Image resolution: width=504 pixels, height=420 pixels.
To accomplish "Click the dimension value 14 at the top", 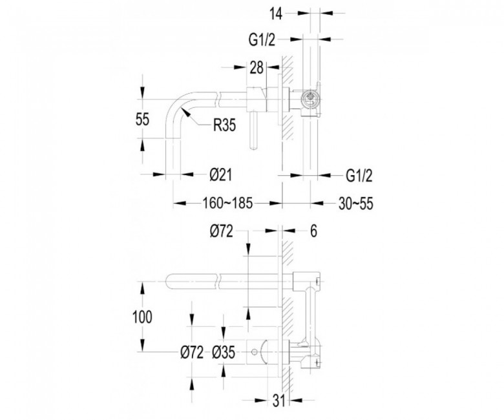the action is pos(276,14).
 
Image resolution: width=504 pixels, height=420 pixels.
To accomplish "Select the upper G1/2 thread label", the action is pos(262,40).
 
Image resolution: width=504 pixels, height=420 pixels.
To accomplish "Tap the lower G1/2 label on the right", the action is pos(359,176).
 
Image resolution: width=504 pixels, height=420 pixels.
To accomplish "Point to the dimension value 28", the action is pos(257,68).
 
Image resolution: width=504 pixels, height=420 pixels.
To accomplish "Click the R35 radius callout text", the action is pos(224,125).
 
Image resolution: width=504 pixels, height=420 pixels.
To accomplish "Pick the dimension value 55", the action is pos(142,120).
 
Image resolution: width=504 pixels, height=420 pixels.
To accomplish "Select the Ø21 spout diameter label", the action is pos(220,175).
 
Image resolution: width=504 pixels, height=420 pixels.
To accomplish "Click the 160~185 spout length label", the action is pos(227,203).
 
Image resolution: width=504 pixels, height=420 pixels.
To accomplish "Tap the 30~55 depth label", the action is pos(356,204).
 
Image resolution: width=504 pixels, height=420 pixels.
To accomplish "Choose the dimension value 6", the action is pos(314,231).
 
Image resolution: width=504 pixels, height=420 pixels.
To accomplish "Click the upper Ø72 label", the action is pos(222,231).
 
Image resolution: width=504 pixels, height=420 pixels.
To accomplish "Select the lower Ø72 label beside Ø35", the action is pos(192,353).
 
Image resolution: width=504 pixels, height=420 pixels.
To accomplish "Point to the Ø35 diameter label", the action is pos(224,353).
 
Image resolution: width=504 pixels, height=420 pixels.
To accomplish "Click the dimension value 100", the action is pos(142,317).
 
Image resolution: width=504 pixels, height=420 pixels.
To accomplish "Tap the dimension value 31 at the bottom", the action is pos(278,401).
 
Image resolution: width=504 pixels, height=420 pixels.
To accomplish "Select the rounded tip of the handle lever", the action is pos(254,147).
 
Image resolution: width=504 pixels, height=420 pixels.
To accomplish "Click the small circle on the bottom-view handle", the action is pos(254,353).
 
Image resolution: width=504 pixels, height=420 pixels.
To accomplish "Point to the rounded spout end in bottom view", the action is pos(169,282).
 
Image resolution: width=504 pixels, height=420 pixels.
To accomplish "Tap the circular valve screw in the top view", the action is pos(311,96).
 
